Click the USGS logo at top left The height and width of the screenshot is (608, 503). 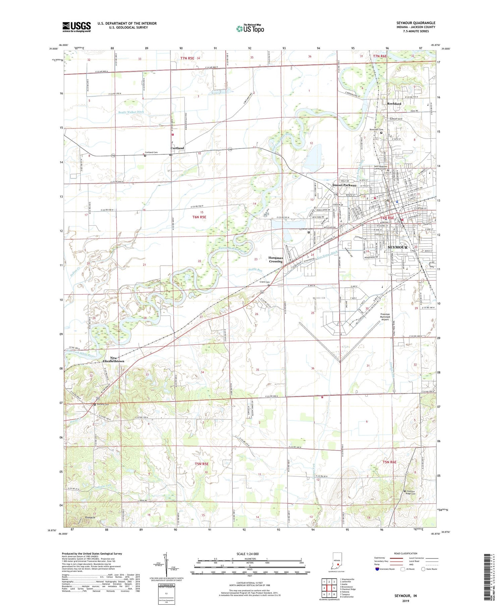76,27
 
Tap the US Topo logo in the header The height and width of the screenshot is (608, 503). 250,29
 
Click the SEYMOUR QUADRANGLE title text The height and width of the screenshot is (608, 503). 415,23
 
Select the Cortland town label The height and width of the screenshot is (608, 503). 177,148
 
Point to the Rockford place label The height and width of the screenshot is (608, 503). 394,104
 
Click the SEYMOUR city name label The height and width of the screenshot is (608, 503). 397,247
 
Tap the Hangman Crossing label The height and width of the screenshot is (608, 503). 275,260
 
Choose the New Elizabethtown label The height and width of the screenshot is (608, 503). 113,360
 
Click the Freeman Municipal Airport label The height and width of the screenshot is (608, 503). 385,317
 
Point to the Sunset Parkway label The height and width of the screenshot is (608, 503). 344,185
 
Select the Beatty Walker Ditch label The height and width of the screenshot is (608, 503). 131,112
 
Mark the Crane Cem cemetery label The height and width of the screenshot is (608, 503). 265,282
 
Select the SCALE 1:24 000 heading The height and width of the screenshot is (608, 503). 250,554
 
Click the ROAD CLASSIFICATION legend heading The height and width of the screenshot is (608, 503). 406,553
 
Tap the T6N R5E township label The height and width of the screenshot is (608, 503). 199,217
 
